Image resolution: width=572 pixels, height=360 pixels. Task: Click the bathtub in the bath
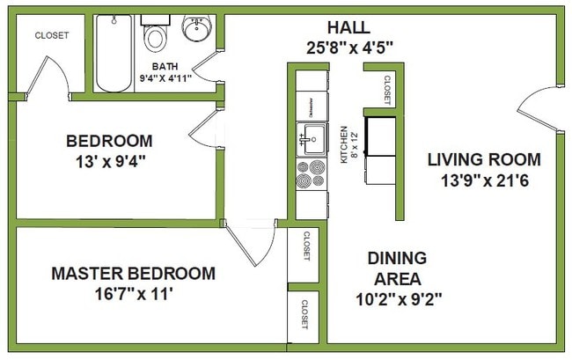[x=114, y=53]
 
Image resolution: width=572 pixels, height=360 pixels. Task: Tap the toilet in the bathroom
[x=156, y=33]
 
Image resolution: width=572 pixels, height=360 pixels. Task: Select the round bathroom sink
[x=196, y=29]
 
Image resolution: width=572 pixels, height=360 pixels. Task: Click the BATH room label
[x=165, y=66]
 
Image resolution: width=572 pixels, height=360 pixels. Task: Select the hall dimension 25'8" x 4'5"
[x=348, y=48]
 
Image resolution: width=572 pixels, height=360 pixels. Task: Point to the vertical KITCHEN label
[x=344, y=145]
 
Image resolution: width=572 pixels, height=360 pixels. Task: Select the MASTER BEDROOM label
[x=132, y=274]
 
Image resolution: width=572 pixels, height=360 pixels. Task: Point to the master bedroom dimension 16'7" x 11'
[x=132, y=295]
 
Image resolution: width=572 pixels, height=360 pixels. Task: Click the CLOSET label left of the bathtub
[x=51, y=36]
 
